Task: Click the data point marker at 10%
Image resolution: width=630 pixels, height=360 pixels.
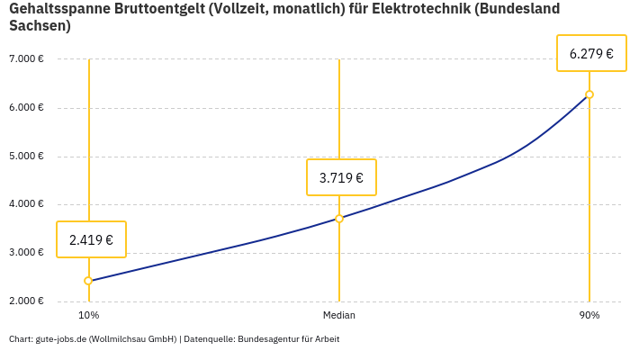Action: click(88, 281)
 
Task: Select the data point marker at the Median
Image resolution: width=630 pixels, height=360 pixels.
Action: click(339, 219)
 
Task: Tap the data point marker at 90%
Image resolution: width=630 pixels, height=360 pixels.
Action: click(589, 94)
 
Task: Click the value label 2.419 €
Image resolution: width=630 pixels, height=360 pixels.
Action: click(91, 239)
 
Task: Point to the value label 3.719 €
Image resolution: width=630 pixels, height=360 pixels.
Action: click(341, 177)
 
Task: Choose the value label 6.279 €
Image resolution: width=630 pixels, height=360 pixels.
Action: click(591, 53)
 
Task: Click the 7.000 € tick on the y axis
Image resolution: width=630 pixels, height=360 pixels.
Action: click(26, 59)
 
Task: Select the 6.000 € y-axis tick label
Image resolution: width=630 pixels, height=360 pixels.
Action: click(26, 108)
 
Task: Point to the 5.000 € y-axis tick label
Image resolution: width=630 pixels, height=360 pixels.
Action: click(26, 157)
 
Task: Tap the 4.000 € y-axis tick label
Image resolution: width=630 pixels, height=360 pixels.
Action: click(26, 204)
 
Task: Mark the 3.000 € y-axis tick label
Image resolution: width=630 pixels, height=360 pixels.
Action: click(26, 253)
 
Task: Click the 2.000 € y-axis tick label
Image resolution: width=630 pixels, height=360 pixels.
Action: click(26, 301)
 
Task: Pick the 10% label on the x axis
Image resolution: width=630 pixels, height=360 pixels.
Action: click(88, 316)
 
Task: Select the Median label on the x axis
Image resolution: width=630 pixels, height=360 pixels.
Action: click(339, 316)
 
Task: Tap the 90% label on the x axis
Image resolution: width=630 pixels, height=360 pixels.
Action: click(589, 316)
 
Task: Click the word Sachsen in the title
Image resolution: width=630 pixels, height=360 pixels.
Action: click(37, 26)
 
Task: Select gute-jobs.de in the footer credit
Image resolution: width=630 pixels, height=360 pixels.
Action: click(60, 339)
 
